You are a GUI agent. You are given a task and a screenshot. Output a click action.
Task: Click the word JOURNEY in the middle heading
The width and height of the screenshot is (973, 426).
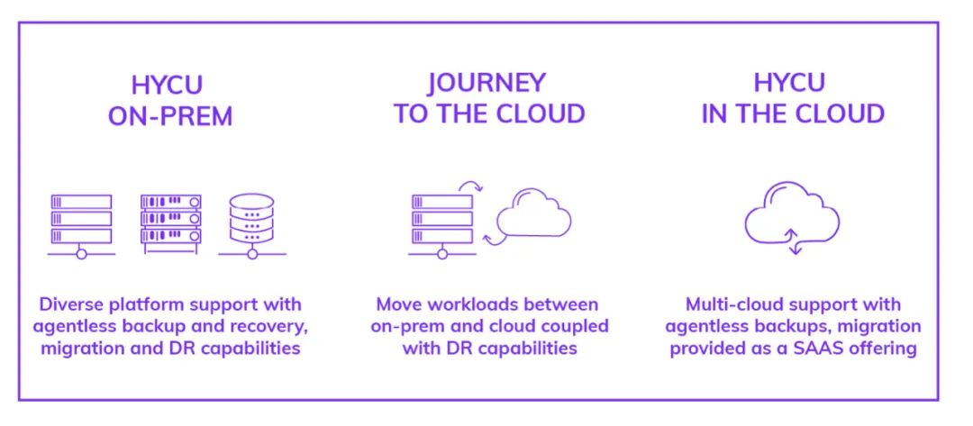tap(486, 84)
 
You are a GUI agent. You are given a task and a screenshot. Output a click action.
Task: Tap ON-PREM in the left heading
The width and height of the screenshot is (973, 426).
tap(170, 118)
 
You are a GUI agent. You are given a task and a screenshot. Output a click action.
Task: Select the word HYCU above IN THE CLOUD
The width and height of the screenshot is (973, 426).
tap(790, 84)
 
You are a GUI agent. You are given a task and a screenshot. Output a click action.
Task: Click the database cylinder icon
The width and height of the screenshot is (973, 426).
tap(251, 224)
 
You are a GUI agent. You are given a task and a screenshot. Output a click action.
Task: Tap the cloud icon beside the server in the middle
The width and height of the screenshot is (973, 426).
tap(534, 212)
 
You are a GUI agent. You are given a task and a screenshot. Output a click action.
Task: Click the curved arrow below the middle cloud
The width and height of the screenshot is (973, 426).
tap(493, 239)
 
